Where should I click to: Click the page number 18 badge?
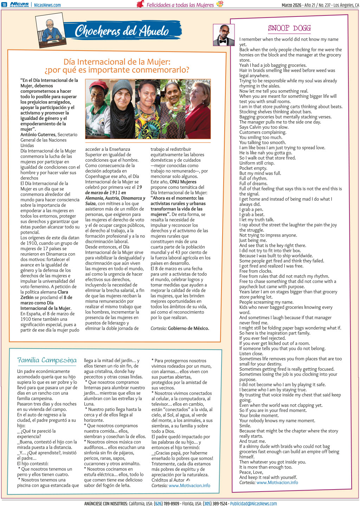click(4, 5)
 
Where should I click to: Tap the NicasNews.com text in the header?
click(47, 5)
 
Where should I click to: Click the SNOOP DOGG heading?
click(289, 28)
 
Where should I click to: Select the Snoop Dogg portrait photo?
click(224, 35)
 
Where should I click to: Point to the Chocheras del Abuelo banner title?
click(122, 31)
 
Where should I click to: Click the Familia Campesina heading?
click(47, 360)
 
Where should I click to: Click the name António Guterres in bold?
click(38, 135)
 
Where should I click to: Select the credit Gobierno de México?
click(188, 328)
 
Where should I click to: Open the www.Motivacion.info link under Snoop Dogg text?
click(277, 482)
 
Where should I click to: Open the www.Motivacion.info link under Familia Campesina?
click(189, 486)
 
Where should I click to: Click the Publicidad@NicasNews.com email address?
click(253, 504)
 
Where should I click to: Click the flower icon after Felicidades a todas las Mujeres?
click(220, 4)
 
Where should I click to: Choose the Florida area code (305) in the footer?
click(207, 504)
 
